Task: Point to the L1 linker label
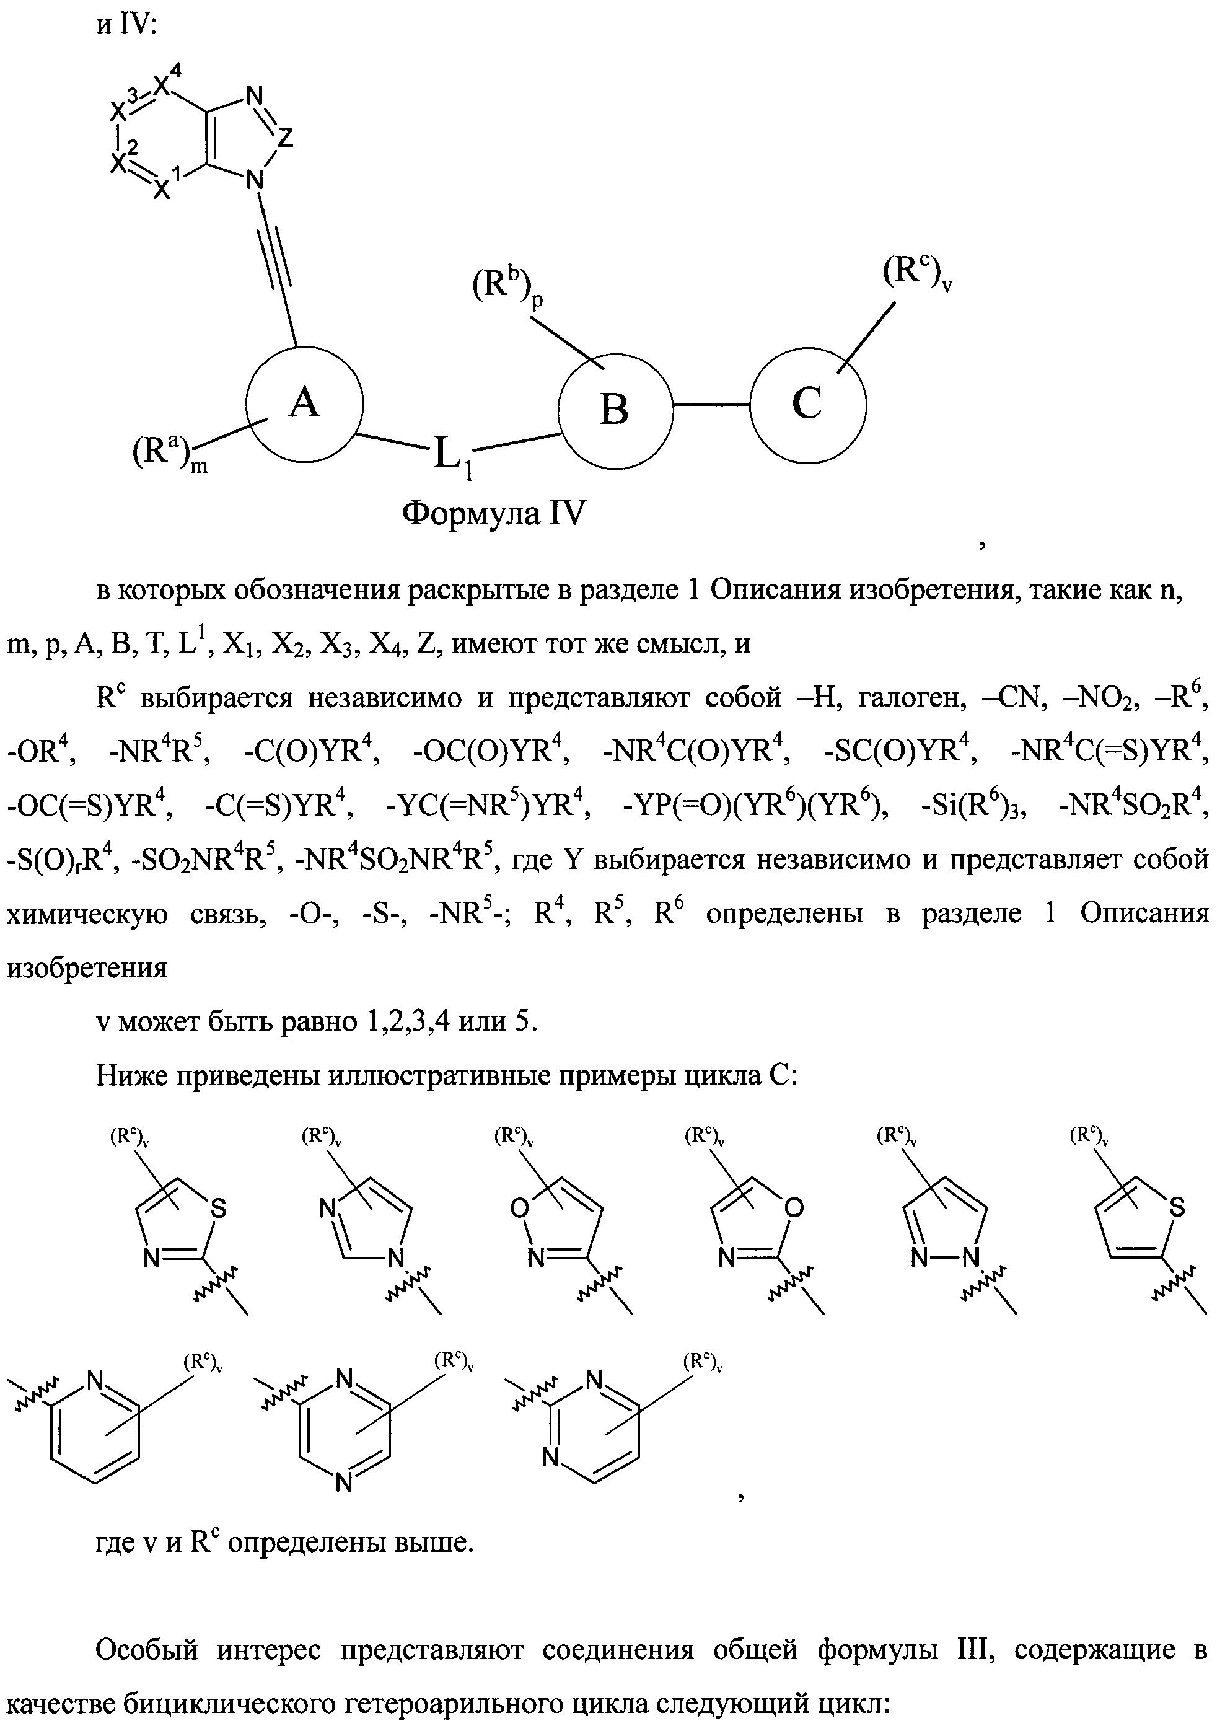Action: pyautogui.click(x=450, y=456)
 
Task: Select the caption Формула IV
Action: pyautogui.click(x=494, y=514)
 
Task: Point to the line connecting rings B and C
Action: pyautogui.click(x=711, y=405)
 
